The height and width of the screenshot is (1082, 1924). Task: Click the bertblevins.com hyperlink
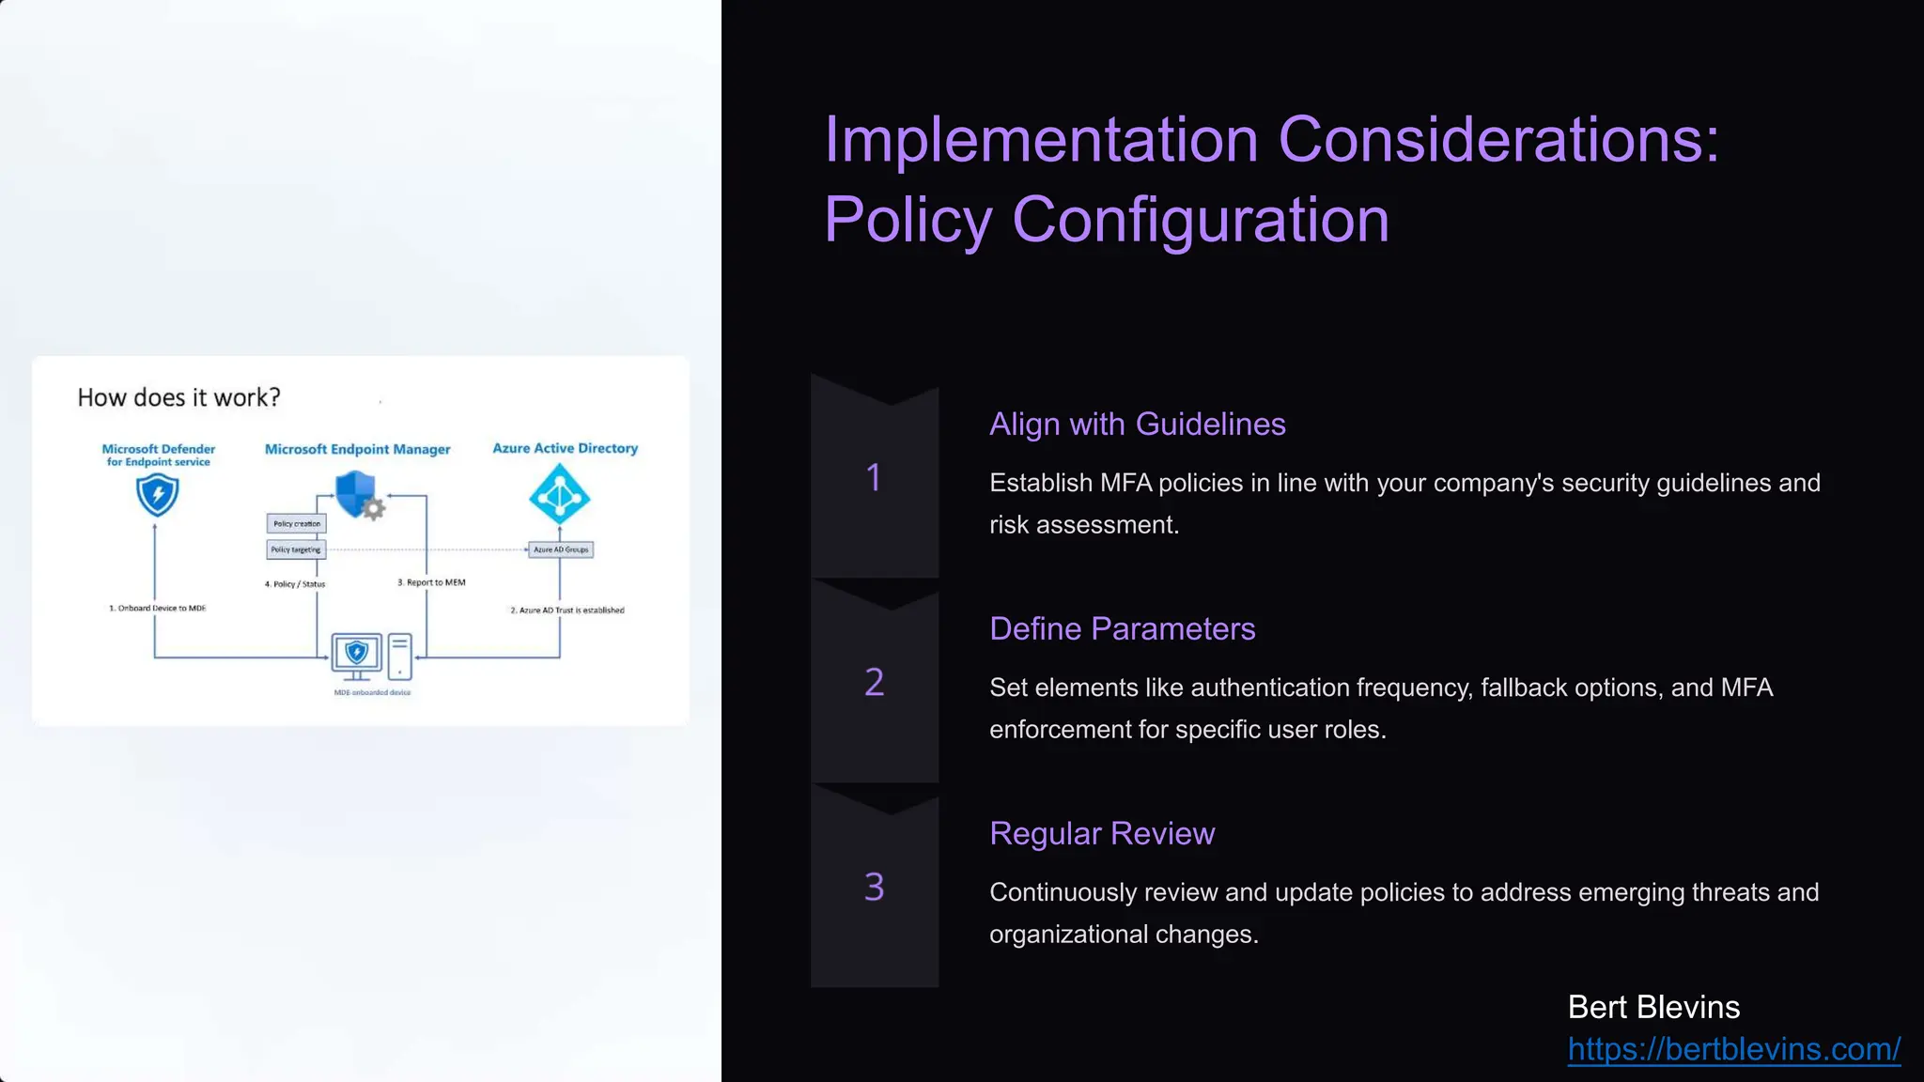tap(1733, 1049)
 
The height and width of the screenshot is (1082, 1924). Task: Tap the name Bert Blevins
tap(1653, 1007)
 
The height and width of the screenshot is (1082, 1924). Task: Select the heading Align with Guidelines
tap(1137, 425)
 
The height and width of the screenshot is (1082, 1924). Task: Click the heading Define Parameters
tap(1122, 629)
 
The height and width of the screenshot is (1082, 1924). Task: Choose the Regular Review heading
tap(1101, 834)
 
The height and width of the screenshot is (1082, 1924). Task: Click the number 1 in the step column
tap(874, 477)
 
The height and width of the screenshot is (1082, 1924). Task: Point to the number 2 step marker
tap(874, 682)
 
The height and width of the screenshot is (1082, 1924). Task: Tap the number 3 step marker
tap(874, 887)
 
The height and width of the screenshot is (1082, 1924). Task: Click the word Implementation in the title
tap(1041, 141)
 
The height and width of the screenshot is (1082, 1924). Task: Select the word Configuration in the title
tap(1200, 221)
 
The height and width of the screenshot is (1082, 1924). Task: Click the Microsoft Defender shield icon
tap(157, 495)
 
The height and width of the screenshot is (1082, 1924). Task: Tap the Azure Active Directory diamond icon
tap(560, 495)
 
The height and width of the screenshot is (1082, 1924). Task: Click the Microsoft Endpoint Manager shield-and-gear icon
tap(359, 495)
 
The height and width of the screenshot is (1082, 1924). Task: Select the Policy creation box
tap(297, 524)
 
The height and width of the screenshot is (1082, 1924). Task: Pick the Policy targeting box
tap(296, 549)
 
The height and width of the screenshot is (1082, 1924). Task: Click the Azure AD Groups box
tap(561, 549)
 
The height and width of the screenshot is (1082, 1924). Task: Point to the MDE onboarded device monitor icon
tap(357, 655)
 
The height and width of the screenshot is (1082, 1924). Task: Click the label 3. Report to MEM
tap(431, 582)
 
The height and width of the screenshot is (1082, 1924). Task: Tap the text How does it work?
tap(178, 398)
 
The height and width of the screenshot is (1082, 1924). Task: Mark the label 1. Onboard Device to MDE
tap(157, 609)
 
